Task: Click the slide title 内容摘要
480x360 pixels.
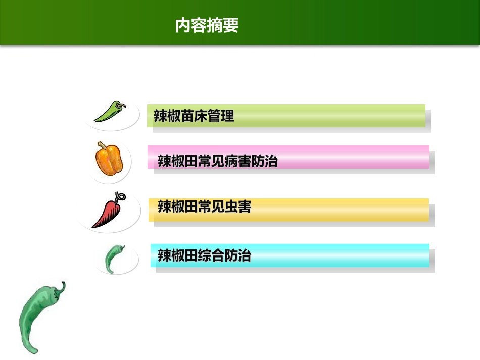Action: (207, 25)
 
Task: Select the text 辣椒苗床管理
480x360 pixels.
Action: (194, 116)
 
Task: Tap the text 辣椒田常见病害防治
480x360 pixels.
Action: (218, 161)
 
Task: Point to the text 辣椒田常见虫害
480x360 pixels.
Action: (204, 207)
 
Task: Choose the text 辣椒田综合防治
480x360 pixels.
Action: (204, 255)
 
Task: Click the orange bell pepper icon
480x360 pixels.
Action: (109, 159)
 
